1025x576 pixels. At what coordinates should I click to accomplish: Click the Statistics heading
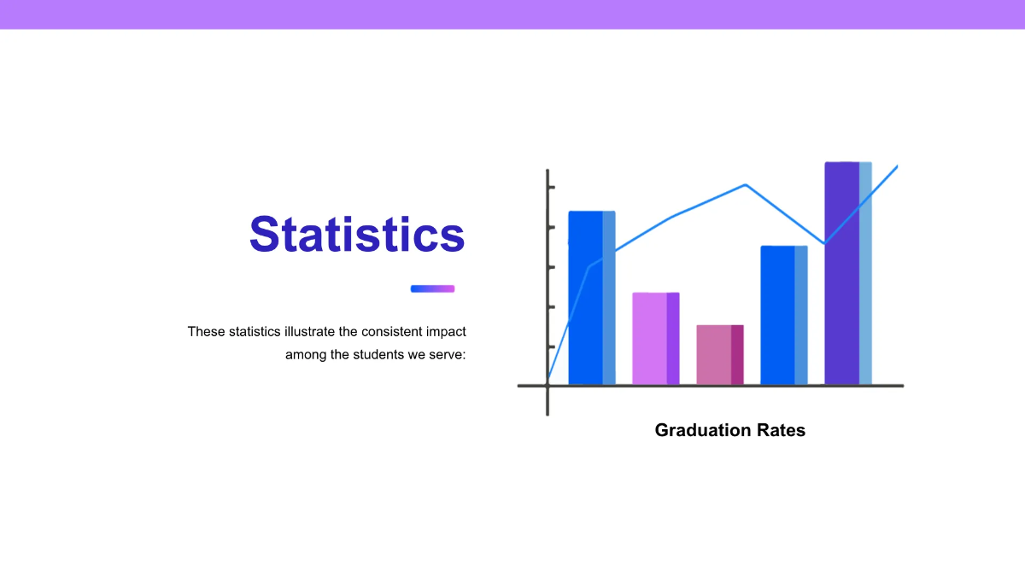[357, 234]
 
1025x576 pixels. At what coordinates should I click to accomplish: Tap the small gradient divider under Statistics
[432, 288]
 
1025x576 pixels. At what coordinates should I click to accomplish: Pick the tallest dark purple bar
[848, 273]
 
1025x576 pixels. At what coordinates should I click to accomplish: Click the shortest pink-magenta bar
[720, 355]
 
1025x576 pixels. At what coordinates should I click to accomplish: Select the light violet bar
[656, 339]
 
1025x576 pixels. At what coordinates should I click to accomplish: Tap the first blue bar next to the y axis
[592, 298]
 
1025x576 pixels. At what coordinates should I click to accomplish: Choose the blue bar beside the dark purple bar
[784, 316]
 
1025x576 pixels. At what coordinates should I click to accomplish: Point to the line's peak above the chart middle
[746, 184]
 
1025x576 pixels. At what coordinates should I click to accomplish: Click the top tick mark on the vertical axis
[552, 187]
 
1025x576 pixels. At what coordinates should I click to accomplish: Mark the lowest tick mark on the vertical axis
[552, 347]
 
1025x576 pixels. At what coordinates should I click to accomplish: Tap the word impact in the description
[446, 332]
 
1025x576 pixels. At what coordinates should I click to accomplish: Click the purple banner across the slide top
[512, 15]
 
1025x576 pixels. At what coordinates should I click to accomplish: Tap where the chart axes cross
[548, 386]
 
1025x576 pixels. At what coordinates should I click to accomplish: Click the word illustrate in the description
[310, 331]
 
